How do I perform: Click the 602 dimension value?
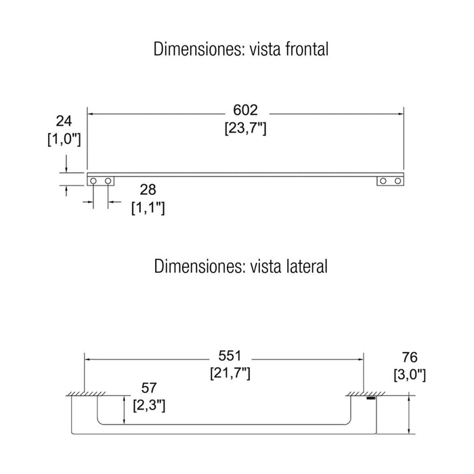click(245, 110)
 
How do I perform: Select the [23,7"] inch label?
click(245, 129)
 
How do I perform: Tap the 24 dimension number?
click(64, 121)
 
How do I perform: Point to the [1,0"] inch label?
click(64, 139)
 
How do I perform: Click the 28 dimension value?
click(148, 190)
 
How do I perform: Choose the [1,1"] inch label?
click(148, 208)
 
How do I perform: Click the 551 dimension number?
click(230, 355)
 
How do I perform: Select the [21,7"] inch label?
click(230, 374)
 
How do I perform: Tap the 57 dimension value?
click(149, 388)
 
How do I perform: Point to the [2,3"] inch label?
click(149, 406)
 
